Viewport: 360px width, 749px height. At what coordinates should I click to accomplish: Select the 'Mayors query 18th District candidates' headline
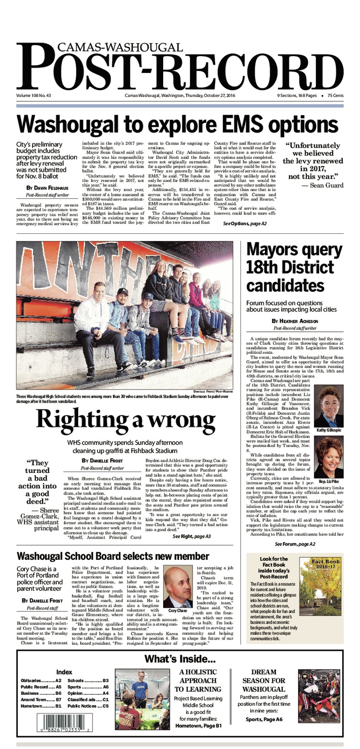click(290, 268)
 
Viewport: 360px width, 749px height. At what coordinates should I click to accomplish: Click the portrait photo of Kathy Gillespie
click(328, 406)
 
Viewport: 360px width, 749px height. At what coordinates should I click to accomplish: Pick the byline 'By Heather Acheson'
click(295, 321)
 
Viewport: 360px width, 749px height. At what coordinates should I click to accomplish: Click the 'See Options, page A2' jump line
click(245, 224)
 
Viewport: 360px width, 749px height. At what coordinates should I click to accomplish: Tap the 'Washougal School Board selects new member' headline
click(113, 556)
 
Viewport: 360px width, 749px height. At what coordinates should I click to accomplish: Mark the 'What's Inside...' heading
click(180, 659)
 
